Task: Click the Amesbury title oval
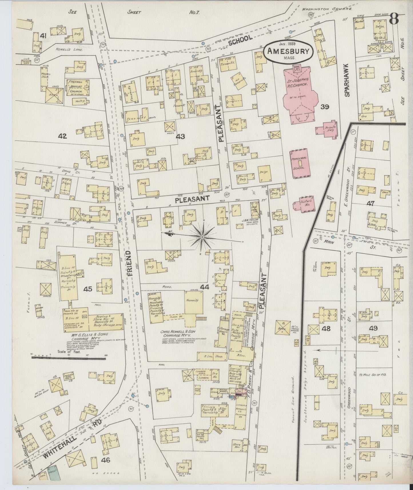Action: tap(288, 51)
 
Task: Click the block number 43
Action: tap(181, 137)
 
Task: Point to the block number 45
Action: tap(88, 289)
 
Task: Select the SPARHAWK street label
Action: tap(347, 80)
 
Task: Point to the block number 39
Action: tap(325, 107)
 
